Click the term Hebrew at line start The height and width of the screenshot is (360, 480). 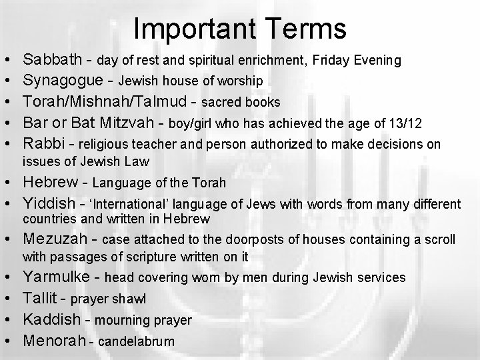pyautogui.click(x=50, y=182)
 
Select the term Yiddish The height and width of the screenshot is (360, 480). pyautogui.click(x=49, y=203)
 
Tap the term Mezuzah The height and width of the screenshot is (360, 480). pyautogui.click(x=55, y=239)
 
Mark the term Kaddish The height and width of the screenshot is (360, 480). pyautogui.click(x=51, y=320)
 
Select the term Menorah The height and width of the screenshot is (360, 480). pyautogui.click(x=53, y=341)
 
